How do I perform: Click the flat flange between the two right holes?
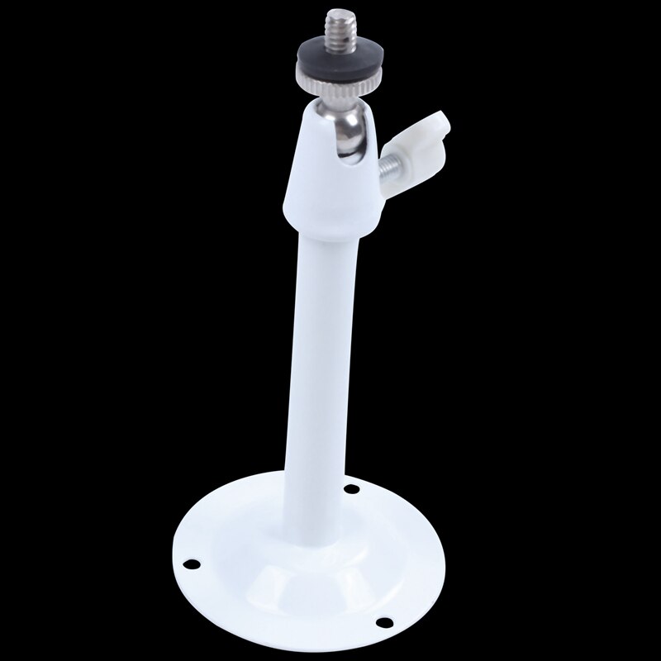pyautogui.click(x=397, y=549)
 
